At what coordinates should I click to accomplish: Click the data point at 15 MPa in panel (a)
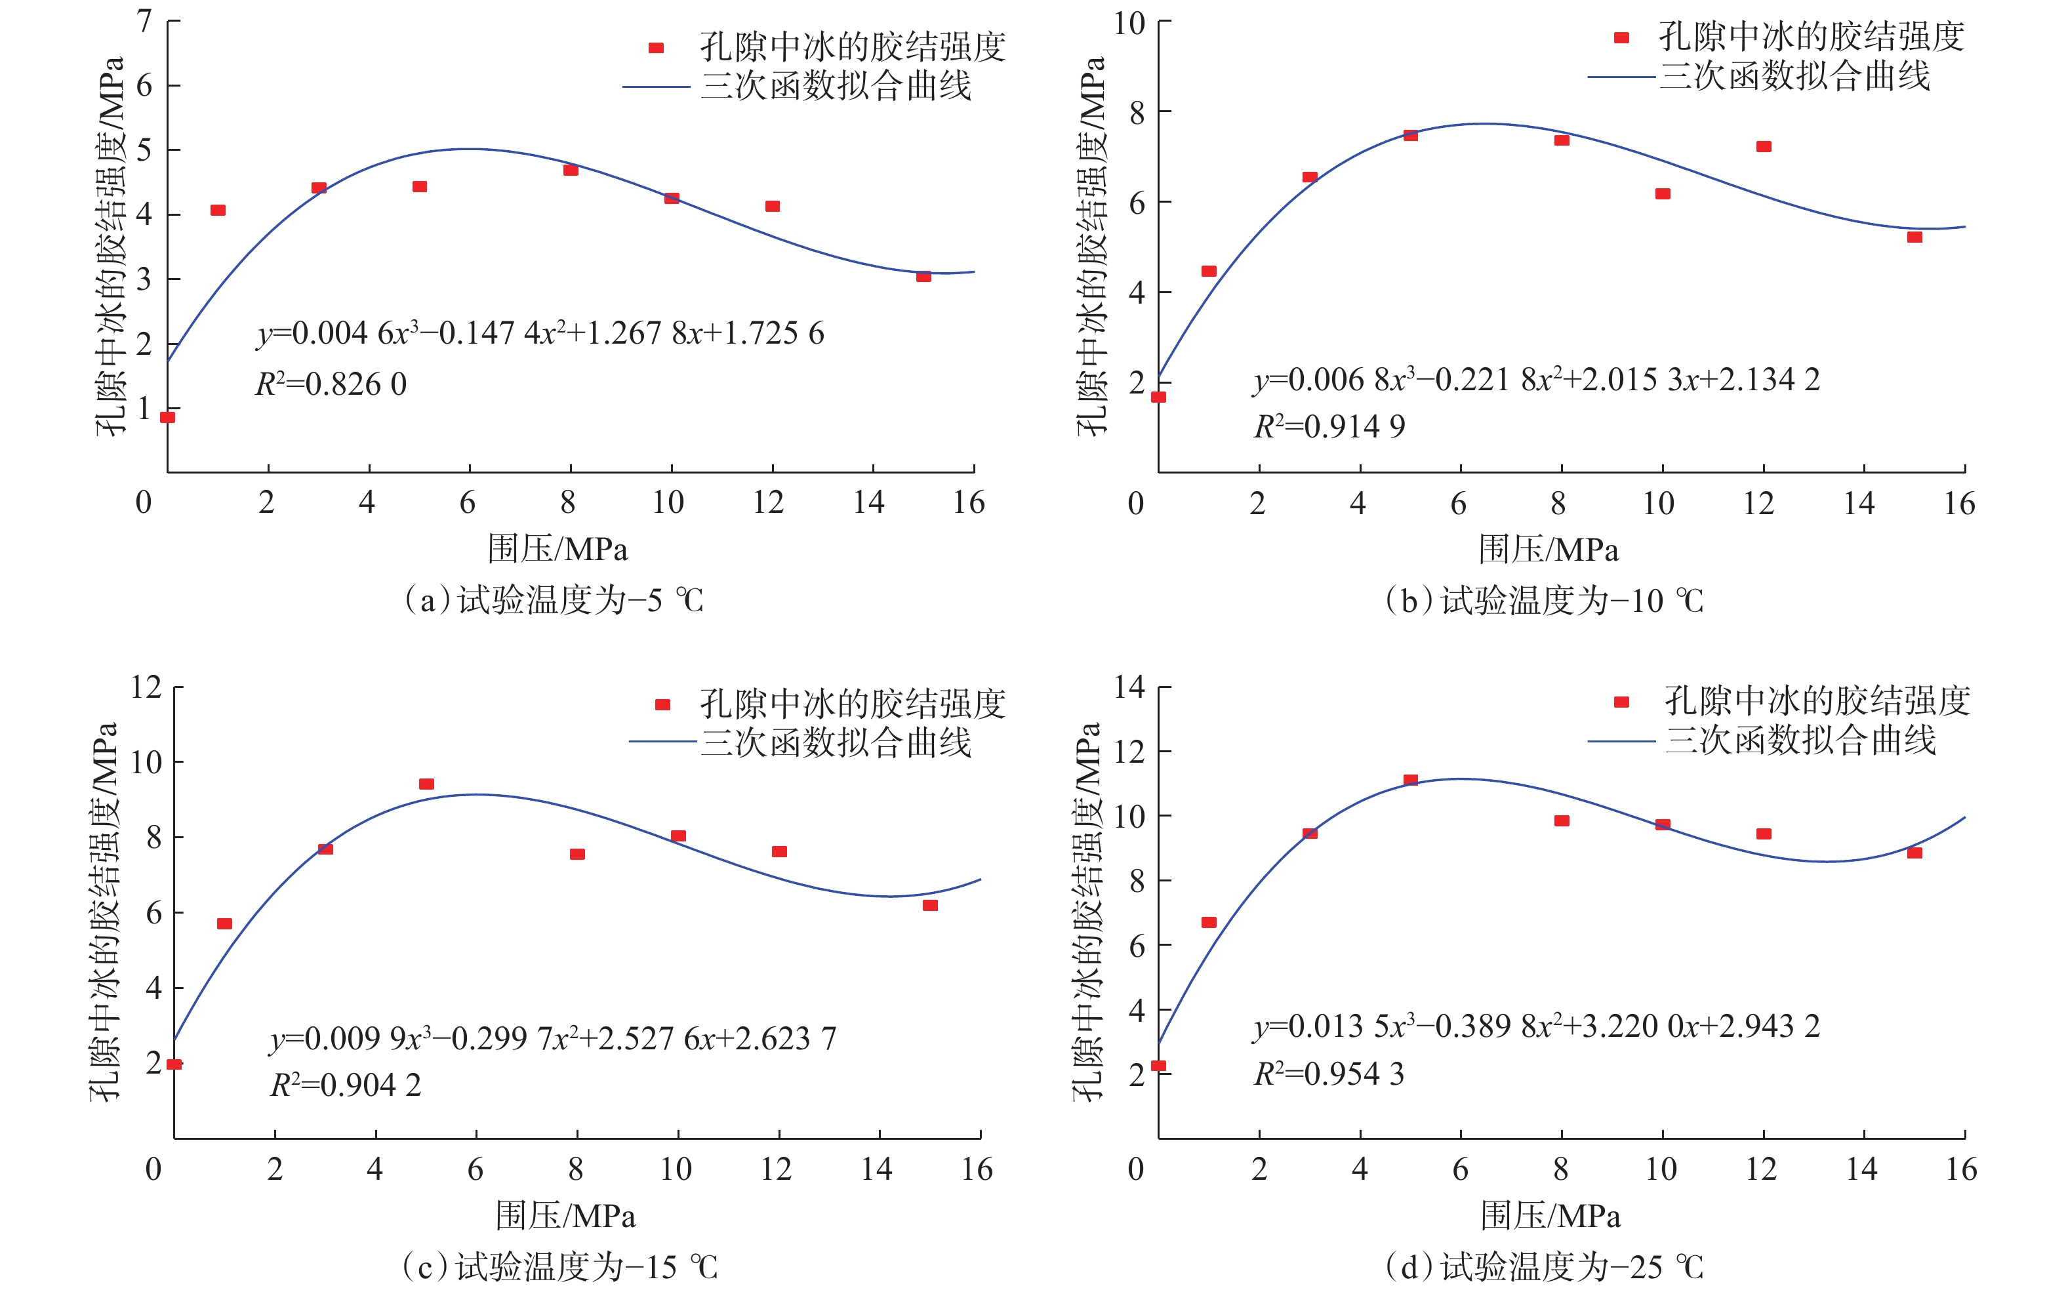[x=923, y=276]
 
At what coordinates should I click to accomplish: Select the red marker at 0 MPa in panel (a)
[x=167, y=417]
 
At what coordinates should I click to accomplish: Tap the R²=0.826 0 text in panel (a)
[x=331, y=384]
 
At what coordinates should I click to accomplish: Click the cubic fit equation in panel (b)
[x=1536, y=379]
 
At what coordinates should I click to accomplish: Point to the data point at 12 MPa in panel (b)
[x=1764, y=147]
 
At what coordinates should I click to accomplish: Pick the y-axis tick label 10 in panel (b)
[x=1129, y=23]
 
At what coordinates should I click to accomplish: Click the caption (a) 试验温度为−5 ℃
[x=554, y=600]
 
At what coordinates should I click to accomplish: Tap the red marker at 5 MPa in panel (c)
[x=426, y=784]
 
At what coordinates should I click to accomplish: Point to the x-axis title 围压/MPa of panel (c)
[x=565, y=1215]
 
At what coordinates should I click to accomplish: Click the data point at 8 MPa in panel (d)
[x=1562, y=820]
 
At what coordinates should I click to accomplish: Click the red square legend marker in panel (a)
[x=656, y=48]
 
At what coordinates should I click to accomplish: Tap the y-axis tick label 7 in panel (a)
[x=145, y=20]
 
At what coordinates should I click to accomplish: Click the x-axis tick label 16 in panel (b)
[x=1959, y=504]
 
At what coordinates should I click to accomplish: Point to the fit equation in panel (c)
[x=553, y=1038]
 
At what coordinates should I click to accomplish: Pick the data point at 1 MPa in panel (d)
[x=1209, y=922]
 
